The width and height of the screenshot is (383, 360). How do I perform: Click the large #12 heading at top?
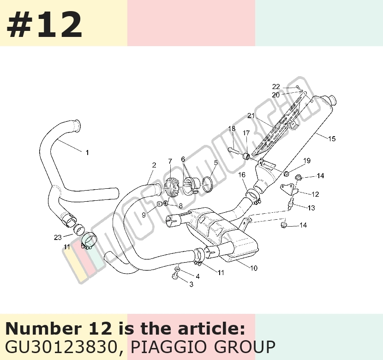(x=44, y=24)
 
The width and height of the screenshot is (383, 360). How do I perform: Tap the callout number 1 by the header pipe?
(x=87, y=153)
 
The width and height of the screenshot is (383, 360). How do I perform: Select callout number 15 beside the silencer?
(x=332, y=139)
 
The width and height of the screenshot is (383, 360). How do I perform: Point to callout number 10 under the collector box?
(x=254, y=268)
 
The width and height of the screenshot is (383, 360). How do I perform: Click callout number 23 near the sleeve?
(x=58, y=237)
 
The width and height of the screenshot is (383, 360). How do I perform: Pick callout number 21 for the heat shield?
(x=251, y=116)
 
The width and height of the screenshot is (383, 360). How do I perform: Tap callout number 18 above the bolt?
(x=232, y=128)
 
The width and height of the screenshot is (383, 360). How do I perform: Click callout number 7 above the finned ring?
(x=170, y=162)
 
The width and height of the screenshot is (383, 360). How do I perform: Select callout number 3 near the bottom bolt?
(x=191, y=284)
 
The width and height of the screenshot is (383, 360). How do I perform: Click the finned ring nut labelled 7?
(x=171, y=188)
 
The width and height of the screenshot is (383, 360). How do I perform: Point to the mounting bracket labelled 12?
(x=289, y=189)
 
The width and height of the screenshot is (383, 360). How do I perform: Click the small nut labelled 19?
(x=287, y=174)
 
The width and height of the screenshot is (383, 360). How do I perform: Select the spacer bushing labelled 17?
(x=246, y=156)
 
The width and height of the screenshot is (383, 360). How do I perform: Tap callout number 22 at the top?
(x=276, y=86)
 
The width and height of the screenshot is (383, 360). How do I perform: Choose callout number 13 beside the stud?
(x=311, y=208)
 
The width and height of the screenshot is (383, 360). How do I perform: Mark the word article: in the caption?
(x=211, y=329)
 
